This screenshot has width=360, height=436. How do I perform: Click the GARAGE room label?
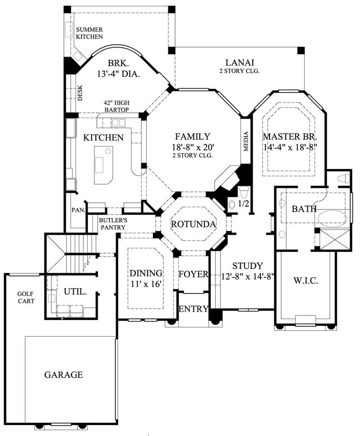[x=63, y=374]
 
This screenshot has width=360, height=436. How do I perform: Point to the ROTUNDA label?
[x=193, y=224]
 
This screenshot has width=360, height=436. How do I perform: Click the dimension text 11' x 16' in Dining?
[x=145, y=284]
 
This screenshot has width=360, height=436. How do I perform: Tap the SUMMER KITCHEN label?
[x=89, y=33]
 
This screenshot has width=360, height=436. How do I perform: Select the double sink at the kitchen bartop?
[x=119, y=122]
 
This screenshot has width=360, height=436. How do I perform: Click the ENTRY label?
[x=193, y=309]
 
